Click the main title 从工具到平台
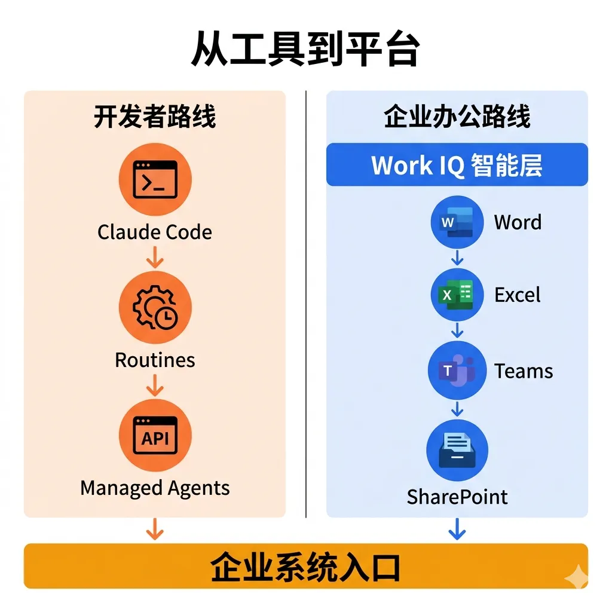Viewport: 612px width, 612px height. point(305,50)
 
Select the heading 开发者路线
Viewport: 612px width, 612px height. point(155,117)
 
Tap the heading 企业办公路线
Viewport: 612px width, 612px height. point(457,117)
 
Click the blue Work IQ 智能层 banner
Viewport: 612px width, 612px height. point(457,165)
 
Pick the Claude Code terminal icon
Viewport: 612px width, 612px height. point(155,179)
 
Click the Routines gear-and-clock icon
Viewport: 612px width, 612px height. point(155,308)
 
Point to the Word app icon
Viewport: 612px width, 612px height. point(457,222)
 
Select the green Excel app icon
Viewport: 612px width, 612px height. point(457,295)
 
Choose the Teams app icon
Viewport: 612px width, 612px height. point(457,371)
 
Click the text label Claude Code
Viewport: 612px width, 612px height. point(155,232)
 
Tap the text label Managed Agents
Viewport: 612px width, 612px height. point(155,488)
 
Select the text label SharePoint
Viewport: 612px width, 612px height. point(457,497)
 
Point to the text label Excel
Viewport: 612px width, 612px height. point(518,295)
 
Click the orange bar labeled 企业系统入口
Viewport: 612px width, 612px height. point(305,566)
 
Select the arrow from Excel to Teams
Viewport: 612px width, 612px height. point(457,331)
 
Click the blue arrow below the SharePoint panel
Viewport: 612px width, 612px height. point(457,529)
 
